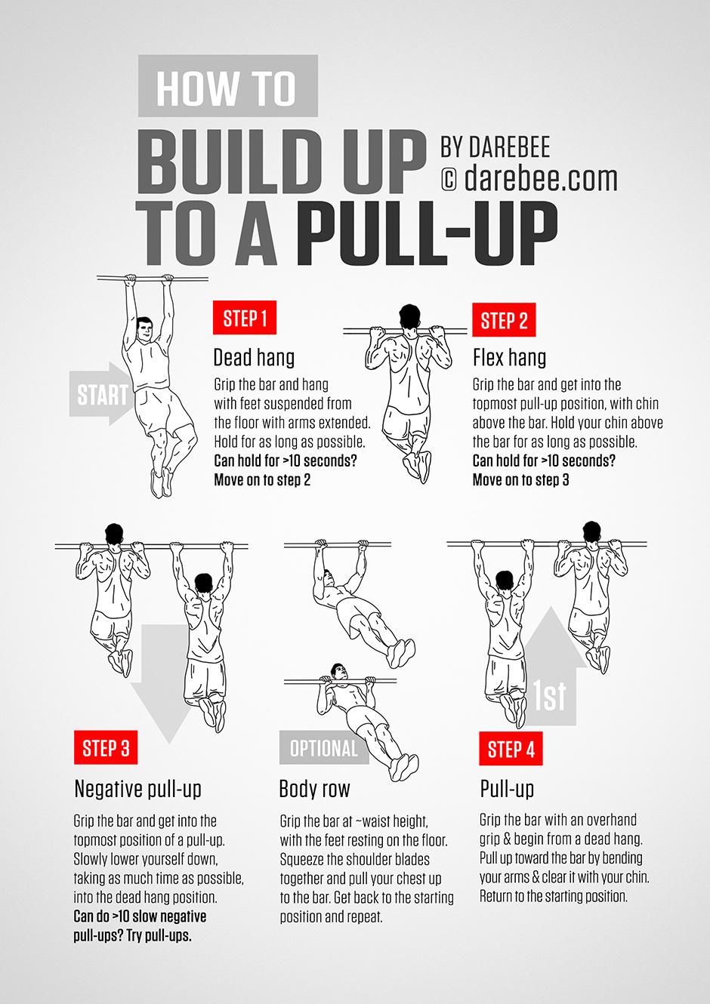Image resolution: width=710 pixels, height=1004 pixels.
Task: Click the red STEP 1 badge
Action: click(245, 318)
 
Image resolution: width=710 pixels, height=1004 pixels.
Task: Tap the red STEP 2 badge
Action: click(504, 320)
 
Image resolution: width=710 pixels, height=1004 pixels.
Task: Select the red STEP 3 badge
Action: click(106, 748)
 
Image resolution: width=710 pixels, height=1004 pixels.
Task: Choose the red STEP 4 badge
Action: click(511, 749)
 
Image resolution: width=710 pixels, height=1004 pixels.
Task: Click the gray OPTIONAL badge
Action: click(324, 748)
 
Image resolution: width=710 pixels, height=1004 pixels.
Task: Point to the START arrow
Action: click(102, 394)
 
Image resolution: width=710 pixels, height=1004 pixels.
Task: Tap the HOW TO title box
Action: click(227, 87)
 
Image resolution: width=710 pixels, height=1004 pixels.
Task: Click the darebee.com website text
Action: click(541, 179)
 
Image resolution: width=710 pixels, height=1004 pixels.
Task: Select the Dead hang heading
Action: click(254, 357)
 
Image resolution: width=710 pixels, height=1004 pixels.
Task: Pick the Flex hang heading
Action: click(509, 357)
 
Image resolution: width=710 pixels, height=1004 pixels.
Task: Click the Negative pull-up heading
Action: click(137, 789)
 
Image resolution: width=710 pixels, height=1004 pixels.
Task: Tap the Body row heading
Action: click(314, 789)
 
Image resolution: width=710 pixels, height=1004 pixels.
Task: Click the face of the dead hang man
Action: click(144, 331)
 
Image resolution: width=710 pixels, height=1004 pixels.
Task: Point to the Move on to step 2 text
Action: click(262, 480)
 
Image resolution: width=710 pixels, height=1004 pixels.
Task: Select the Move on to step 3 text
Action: click(520, 480)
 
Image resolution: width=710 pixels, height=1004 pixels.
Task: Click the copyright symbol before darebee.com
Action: click(449, 180)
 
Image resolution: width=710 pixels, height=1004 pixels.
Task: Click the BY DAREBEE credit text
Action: click(495, 146)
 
